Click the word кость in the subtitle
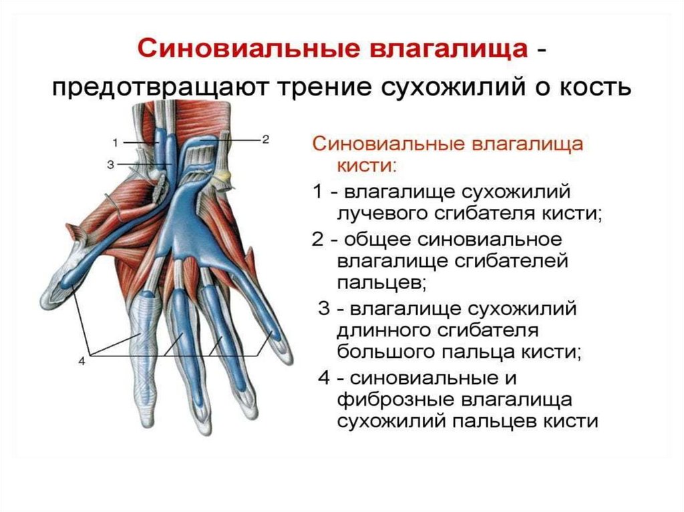[590, 89]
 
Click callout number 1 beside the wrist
[115, 142]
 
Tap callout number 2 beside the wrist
[265, 140]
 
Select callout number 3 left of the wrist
[110, 164]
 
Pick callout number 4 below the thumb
[82, 361]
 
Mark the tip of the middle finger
[201, 425]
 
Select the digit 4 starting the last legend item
[323, 378]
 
